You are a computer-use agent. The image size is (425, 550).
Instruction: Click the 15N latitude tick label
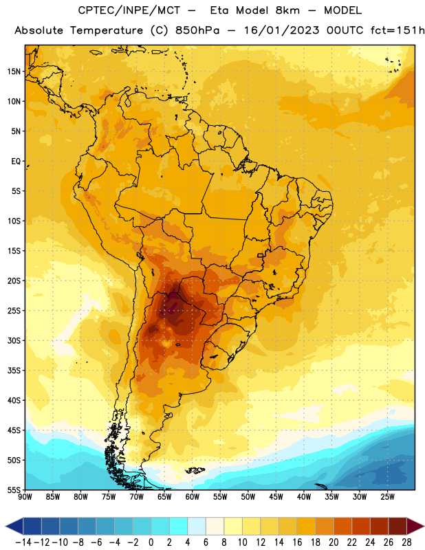tap(14, 71)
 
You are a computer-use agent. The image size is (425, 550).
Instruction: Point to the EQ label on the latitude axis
tap(16, 162)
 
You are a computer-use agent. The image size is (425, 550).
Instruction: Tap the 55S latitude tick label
tap(14, 489)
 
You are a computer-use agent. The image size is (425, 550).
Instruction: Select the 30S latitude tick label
tap(14, 340)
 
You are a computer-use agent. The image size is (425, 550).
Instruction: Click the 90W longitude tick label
tap(25, 497)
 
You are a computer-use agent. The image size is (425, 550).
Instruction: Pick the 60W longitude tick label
tap(193, 497)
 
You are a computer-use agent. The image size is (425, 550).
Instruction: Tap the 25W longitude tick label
tap(388, 497)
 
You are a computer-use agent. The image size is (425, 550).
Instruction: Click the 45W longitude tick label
tap(276, 497)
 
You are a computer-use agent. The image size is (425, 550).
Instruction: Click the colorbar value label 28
tap(406, 542)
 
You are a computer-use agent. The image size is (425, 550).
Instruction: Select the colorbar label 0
tap(151, 542)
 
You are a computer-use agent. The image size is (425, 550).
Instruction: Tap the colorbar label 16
tap(297, 542)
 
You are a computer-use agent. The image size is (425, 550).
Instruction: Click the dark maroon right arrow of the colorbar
tap(415, 526)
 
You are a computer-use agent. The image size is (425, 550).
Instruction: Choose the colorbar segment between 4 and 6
tap(197, 526)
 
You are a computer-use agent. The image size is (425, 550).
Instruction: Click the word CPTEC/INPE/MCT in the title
tap(129, 11)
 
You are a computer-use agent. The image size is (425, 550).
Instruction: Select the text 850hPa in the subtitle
tap(197, 30)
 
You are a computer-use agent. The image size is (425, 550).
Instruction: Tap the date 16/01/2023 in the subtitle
tap(281, 30)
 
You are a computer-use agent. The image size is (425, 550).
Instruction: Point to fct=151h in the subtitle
tap(397, 30)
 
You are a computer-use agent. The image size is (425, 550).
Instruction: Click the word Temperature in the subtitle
tap(107, 31)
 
